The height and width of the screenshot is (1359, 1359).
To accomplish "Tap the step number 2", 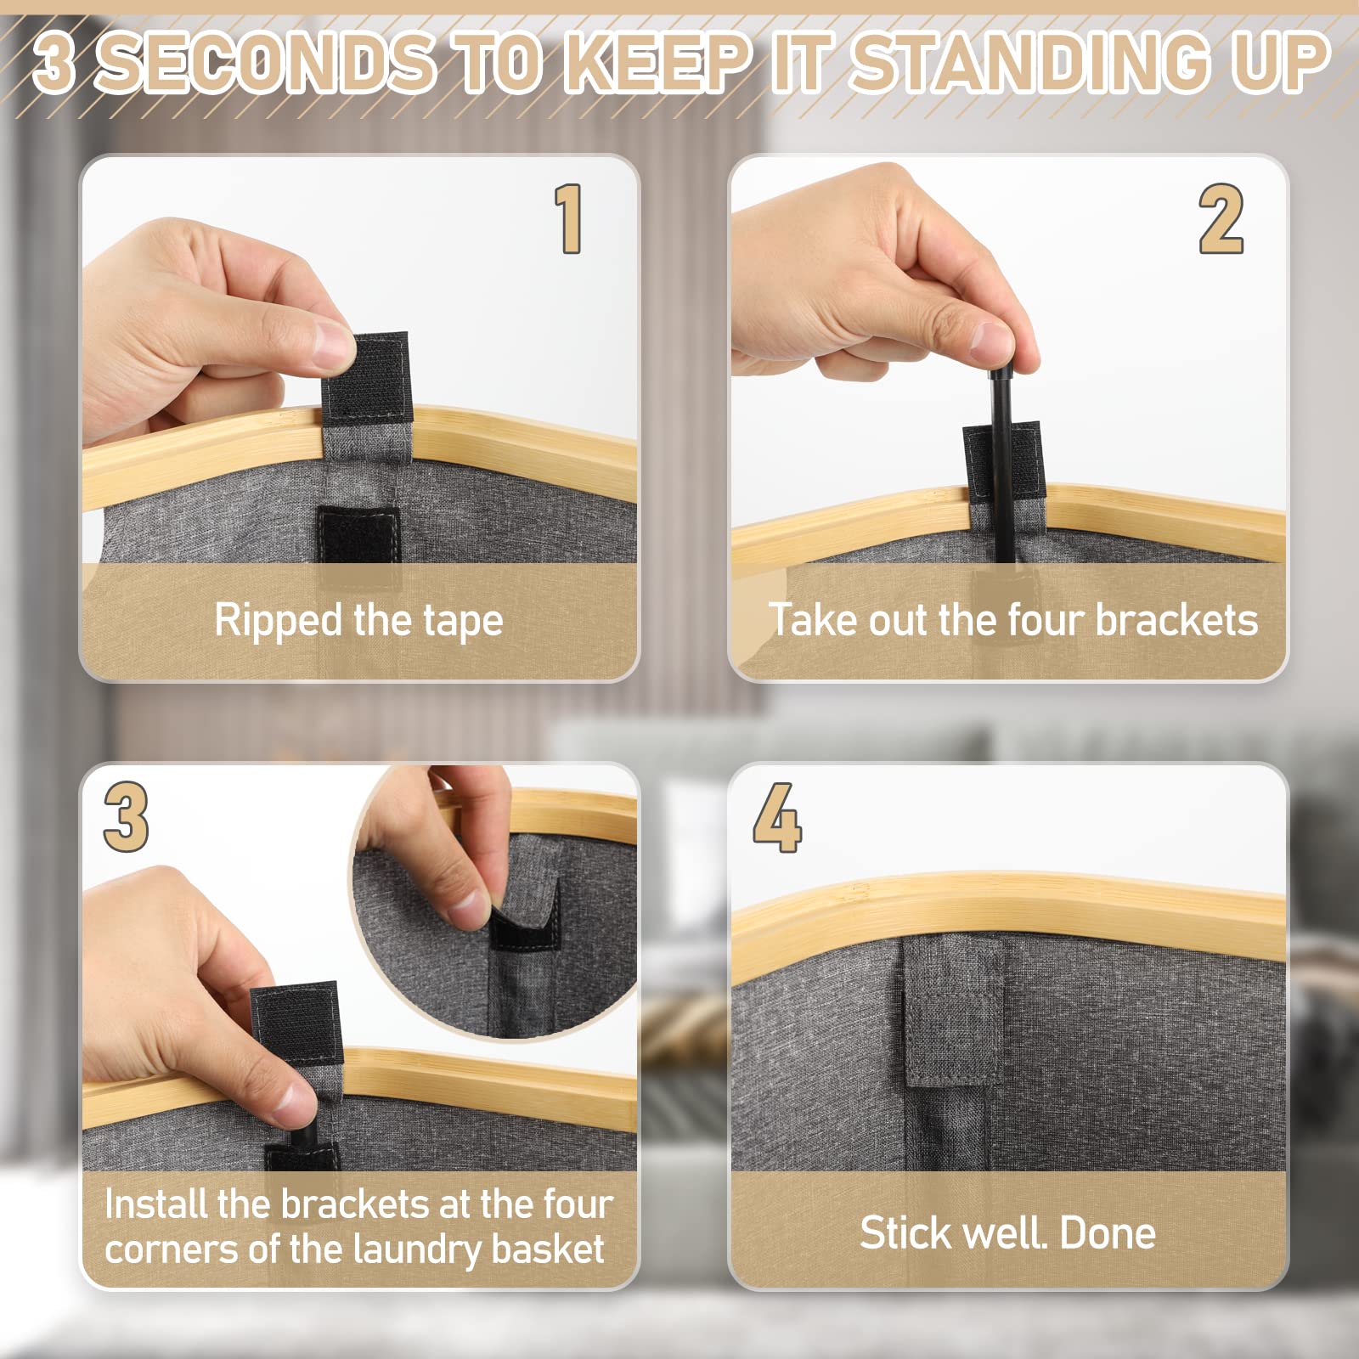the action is [x=1221, y=218].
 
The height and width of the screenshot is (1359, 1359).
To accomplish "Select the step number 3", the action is [x=126, y=816].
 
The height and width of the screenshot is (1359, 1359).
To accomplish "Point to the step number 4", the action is [x=776, y=817].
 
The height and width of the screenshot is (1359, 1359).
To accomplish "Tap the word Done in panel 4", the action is [x=1108, y=1232].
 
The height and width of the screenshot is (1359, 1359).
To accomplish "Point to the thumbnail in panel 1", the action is [x=333, y=343].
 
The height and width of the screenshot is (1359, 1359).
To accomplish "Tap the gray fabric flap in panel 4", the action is [x=951, y=1011].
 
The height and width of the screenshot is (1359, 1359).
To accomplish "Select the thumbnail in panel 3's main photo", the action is [x=291, y=1104].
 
